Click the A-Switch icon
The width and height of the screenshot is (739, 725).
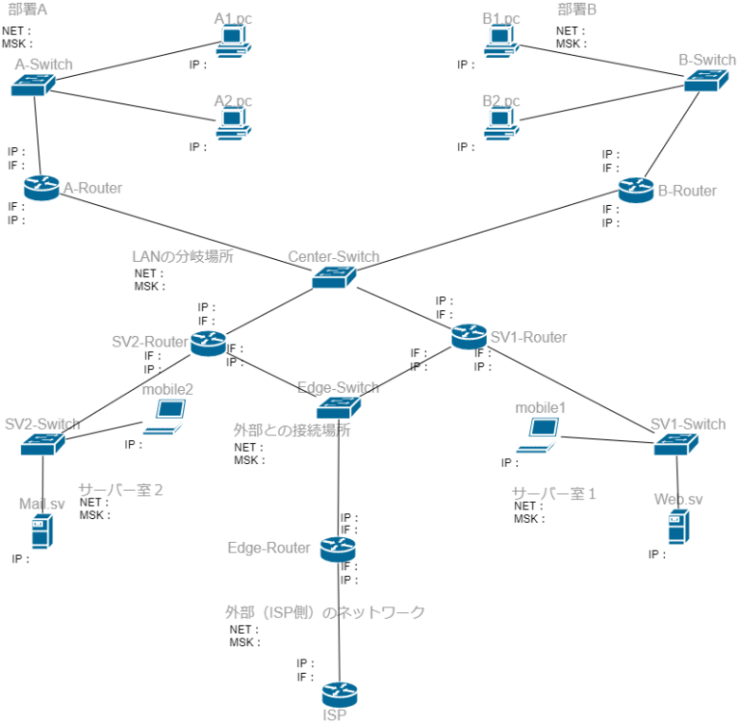[x=34, y=86]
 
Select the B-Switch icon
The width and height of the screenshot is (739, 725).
[x=705, y=82]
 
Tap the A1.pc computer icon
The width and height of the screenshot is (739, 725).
[x=234, y=42]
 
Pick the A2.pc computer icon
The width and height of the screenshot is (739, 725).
[x=234, y=123]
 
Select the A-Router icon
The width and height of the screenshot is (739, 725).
[x=41, y=188]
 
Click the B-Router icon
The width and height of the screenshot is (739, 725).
[x=636, y=190]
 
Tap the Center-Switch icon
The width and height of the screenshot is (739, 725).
[x=335, y=277]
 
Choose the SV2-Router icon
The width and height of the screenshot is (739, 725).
[x=208, y=343]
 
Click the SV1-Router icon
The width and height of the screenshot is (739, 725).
[x=470, y=337]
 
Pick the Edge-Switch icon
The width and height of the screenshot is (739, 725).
[x=338, y=407]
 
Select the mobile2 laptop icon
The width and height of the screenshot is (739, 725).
[x=166, y=417]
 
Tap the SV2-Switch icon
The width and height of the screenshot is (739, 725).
[x=42, y=444]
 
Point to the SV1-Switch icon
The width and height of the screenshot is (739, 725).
[x=676, y=444]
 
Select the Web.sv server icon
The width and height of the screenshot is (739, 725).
[x=678, y=527]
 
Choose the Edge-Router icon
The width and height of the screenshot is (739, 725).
[x=338, y=549]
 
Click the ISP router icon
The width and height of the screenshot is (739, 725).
[x=339, y=693]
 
